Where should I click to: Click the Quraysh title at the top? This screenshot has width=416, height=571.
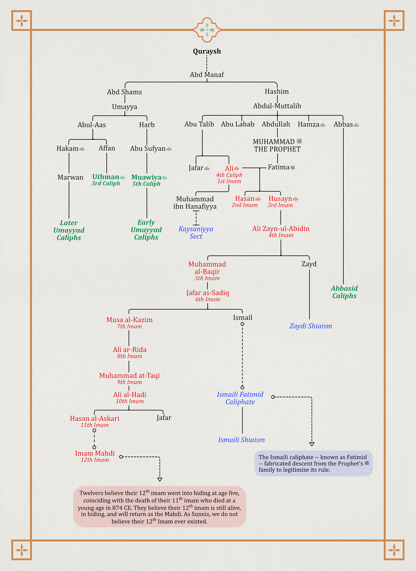207,51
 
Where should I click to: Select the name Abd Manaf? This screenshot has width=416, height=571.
207,75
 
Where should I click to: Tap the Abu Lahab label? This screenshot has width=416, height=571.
237,124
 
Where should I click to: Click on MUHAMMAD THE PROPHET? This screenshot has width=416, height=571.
277,145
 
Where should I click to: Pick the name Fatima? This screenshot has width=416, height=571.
279,167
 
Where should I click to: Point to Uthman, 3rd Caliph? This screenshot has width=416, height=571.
106,180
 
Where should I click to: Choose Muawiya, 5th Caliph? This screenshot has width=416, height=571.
147,180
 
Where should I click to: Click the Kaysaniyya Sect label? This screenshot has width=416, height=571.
196,233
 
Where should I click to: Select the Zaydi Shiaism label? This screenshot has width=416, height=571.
311,326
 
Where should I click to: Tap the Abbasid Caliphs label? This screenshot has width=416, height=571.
344,292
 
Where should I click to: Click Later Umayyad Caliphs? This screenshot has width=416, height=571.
69,230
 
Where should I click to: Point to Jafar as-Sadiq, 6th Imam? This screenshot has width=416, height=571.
208,296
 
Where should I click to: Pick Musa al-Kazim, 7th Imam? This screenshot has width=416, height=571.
129,323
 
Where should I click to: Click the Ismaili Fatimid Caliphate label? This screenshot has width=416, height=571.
240,398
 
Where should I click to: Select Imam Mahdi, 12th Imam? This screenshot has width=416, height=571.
95,456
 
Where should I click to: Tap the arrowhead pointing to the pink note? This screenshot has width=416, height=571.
160,479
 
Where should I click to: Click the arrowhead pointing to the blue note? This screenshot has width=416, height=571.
312,444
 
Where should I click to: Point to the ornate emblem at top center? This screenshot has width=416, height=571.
207,30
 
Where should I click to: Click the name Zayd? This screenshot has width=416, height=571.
309,264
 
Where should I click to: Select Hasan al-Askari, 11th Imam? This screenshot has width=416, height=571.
95,421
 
